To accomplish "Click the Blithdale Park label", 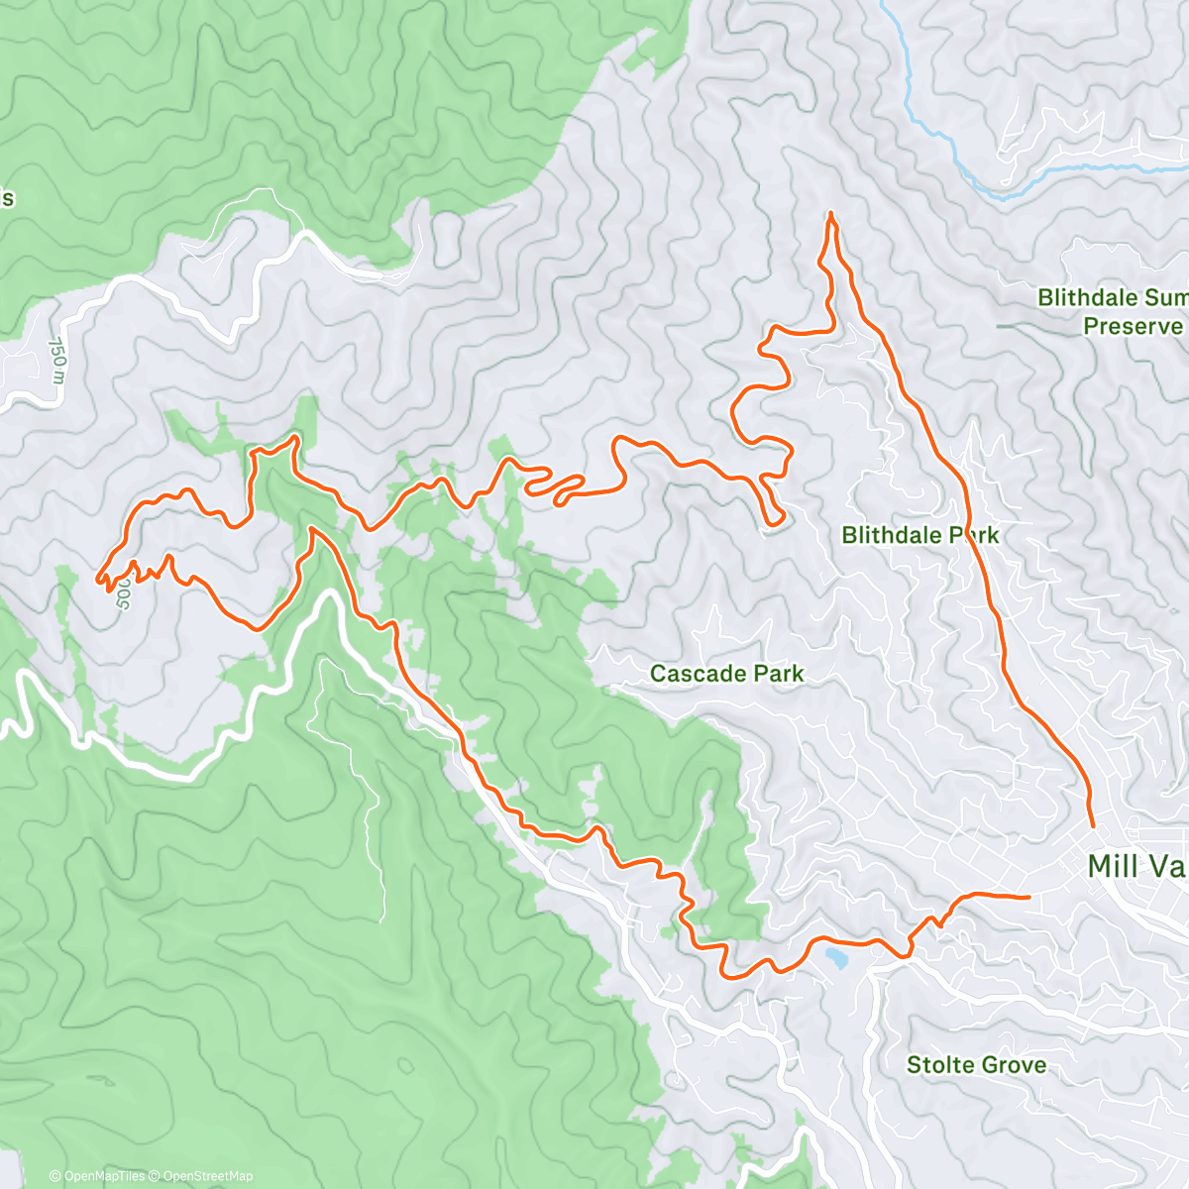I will [919, 535].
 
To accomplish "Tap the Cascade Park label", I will [726, 674].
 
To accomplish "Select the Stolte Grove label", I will [976, 1065].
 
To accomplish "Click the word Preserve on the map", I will [1132, 326].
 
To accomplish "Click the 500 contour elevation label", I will [124, 594].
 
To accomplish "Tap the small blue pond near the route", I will [835, 958].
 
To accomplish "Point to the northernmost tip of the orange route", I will [829, 213].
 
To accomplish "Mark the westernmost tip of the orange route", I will [97, 577].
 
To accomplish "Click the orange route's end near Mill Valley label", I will [1092, 825].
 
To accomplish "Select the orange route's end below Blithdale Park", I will [1028, 896].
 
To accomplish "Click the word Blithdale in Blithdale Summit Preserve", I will [1088, 297].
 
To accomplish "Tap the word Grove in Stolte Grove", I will [1013, 1065].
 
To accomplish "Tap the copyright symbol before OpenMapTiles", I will [55, 1176].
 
